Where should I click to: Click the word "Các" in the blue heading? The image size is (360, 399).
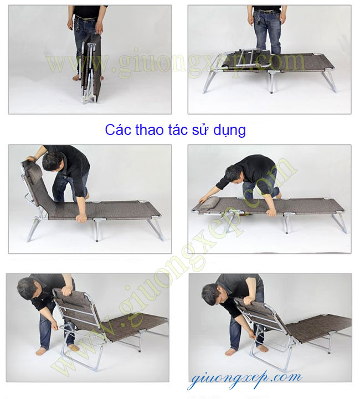(118, 129)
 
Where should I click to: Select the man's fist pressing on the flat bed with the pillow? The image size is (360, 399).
(271, 213)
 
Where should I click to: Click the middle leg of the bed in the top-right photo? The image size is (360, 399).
(271, 81)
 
